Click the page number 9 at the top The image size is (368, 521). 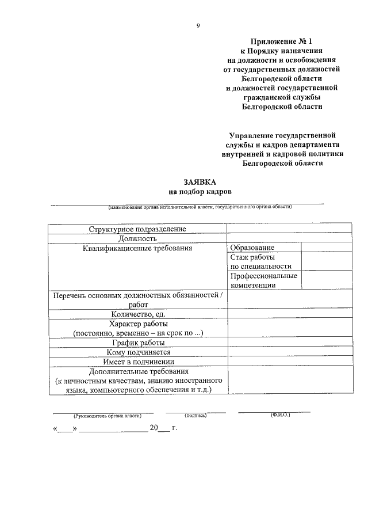click(198, 25)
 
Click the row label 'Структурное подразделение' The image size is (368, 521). click(137, 229)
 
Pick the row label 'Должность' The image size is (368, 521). click(137, 238)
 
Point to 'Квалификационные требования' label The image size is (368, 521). click(137, 248)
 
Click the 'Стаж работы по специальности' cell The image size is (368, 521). click(260, 262)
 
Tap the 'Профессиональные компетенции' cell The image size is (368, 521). click(263, 280)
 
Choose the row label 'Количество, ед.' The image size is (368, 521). click(138, 314)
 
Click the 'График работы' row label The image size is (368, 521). click(138, 343)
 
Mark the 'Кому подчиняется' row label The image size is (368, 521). click(138, 352)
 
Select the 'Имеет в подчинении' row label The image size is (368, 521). click(138, 362)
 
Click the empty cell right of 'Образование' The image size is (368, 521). click(326, 248)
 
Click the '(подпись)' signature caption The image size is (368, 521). click(195, 415)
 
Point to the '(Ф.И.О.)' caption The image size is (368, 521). click(281, 414)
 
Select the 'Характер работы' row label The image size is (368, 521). click(138, 324)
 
